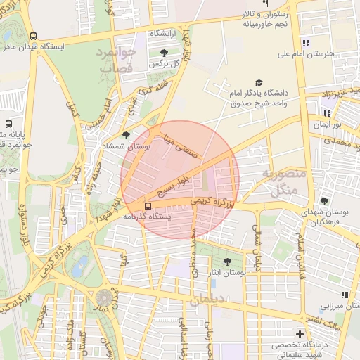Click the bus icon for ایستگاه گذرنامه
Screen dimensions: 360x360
point(148,206)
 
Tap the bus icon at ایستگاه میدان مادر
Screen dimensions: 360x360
point(34,36)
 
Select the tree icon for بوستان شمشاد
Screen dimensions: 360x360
point(126,136)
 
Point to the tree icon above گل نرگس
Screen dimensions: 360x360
point(164,53)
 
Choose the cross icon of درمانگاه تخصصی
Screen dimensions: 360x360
point(300,334)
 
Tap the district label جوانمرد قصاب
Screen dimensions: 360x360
point(112,61)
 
